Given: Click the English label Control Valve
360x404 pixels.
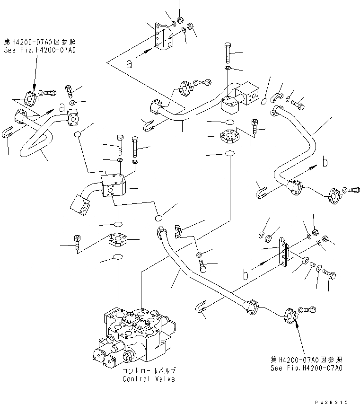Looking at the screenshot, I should (149, 379).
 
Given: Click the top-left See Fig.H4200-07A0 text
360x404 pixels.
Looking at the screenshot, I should (40, 49).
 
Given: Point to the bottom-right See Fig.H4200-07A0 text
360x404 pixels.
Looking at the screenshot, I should (307, 368).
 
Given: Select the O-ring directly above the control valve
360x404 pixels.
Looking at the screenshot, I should (117, 257).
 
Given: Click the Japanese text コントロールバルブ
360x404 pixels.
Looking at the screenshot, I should (149, 371).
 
